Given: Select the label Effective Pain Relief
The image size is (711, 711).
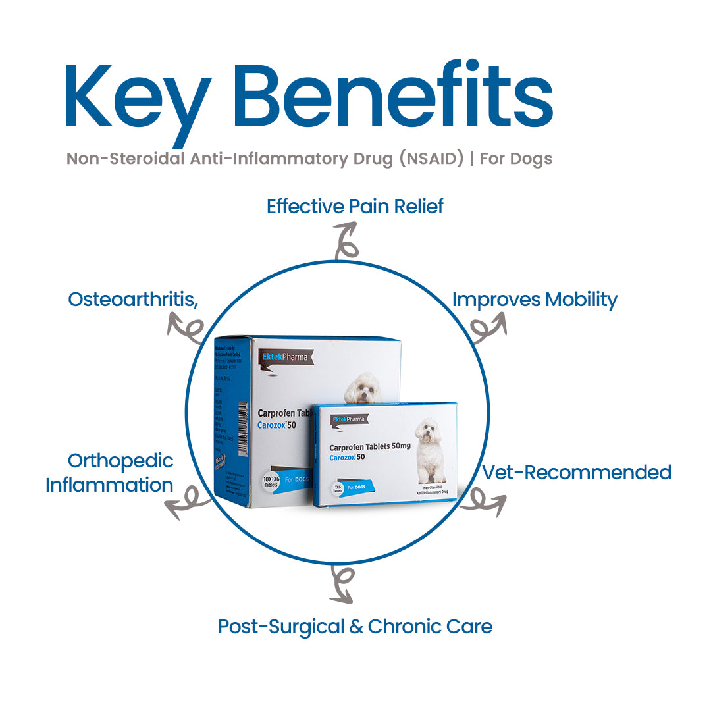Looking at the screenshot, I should [x=355, y=206].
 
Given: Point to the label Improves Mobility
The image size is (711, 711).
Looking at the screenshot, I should [x=535, y=300].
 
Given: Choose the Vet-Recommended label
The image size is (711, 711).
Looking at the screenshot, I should [x=577, y=472].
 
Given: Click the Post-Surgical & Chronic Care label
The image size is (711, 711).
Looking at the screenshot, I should [x=355, y=626].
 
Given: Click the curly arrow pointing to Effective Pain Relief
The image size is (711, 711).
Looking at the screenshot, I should [x=345, y=241].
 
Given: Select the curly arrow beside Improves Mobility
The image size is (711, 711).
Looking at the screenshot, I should [x=488, y=327].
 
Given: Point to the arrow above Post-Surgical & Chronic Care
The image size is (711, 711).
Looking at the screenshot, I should [x=342, y=585].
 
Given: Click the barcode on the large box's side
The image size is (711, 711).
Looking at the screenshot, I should [x=242, y=420].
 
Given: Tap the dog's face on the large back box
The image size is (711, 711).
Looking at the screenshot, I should [x=363, y=388].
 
